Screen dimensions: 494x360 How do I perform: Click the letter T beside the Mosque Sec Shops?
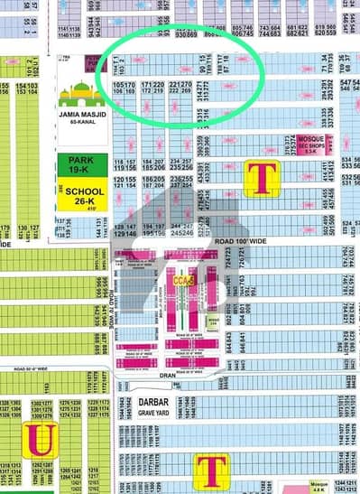[262, 178]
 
